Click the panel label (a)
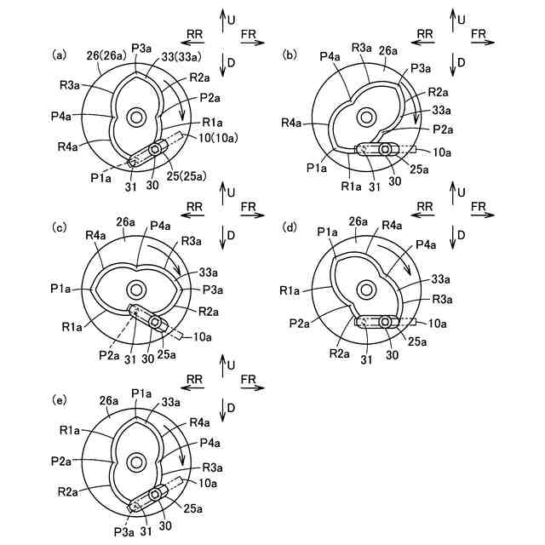[x=60, y=55]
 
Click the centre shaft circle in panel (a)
[x=135, y=116]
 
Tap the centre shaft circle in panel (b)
[x=367, y=116]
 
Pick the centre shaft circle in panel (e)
[x=135, y=462]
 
